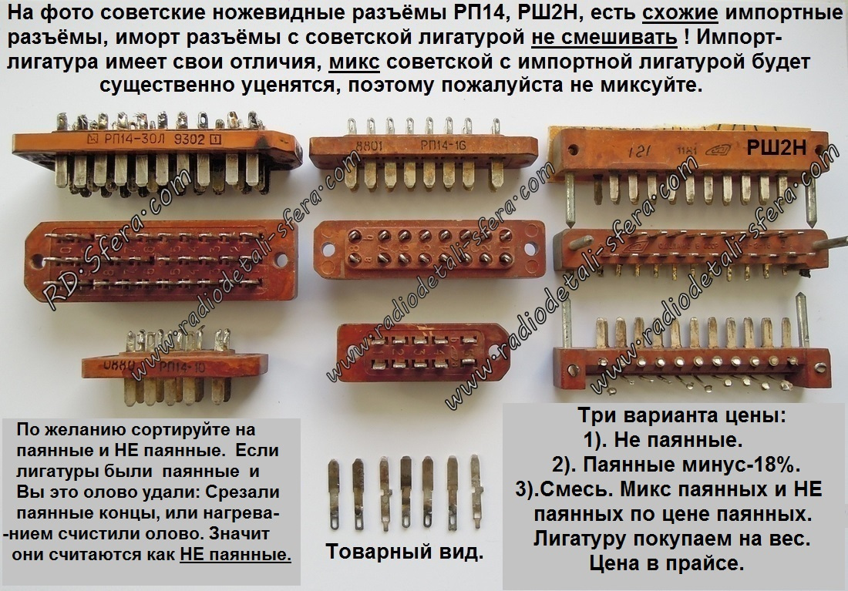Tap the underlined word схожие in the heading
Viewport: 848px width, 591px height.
680,12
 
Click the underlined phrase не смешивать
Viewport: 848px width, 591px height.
604,37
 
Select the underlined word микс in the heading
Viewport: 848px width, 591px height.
355,61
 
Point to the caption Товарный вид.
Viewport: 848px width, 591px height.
405,552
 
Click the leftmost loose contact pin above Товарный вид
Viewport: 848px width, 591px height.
335,494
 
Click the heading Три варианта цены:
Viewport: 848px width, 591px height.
682,416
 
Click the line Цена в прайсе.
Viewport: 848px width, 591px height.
667,563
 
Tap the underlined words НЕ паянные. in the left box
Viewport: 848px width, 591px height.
235,554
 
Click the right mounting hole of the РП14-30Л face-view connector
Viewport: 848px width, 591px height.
281,260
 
